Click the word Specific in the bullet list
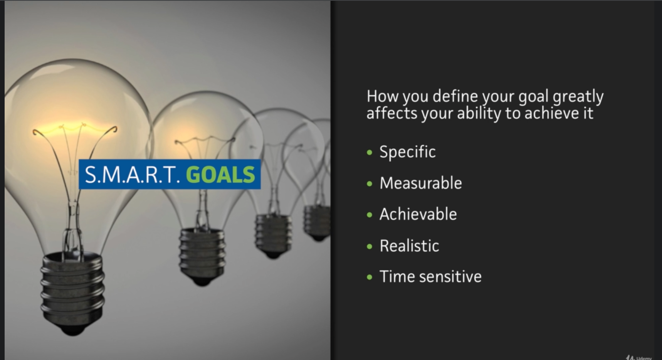click(x=407, y=152)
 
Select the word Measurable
click(x=420, y=183)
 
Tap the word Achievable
click(x=418, y=214)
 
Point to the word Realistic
click(x=409, y=246)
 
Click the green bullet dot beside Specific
click(x=370, y=153)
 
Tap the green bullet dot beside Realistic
click(x=370, y=246)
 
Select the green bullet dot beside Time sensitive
click(x=370, y=277)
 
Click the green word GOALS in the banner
click(x=220, y=175)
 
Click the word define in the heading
click(x=455, y=96)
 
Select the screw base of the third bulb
click(x=273, y=236)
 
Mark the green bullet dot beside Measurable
click(x=370, y=184)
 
